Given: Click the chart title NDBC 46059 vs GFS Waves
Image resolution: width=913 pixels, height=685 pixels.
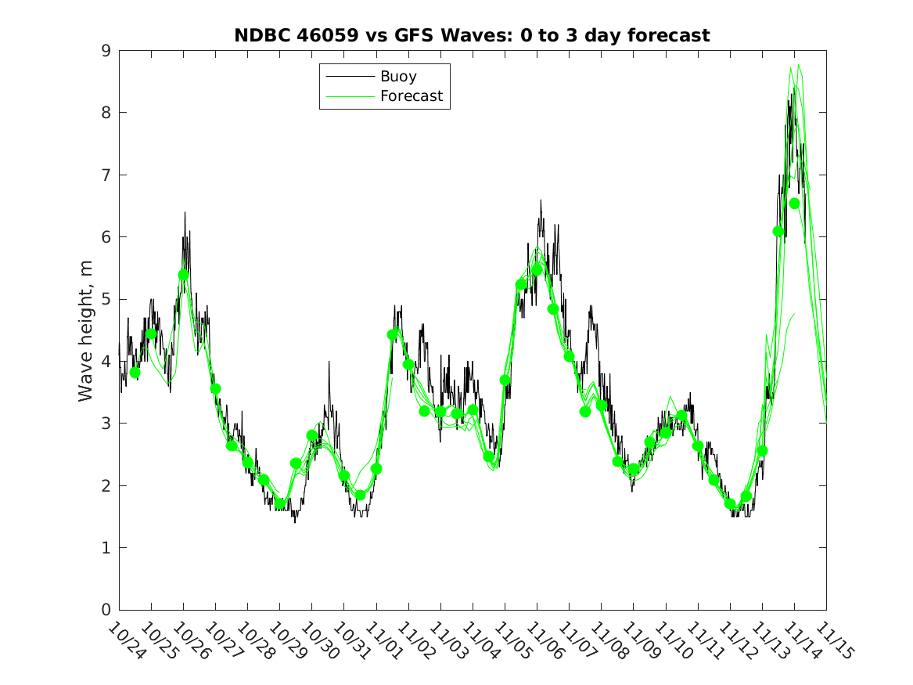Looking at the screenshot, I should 472,35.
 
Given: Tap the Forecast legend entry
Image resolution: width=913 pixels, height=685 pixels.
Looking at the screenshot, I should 411,96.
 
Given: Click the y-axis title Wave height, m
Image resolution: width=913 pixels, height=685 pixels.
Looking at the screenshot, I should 85,330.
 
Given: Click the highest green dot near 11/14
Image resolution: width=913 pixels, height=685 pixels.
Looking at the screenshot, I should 794,204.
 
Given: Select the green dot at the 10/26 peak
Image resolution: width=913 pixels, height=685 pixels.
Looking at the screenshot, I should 183,275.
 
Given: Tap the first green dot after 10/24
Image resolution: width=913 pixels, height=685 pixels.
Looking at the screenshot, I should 135,373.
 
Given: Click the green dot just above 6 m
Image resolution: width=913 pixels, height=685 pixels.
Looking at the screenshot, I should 778,232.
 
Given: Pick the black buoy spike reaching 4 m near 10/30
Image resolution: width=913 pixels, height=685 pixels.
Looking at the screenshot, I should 329,362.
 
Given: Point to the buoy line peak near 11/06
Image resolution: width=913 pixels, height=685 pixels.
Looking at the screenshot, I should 541,200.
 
